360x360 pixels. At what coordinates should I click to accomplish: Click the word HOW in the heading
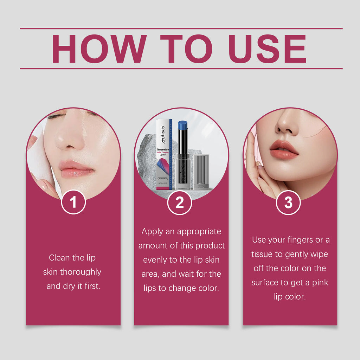point(99,49)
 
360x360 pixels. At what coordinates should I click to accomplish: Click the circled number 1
point(73,202)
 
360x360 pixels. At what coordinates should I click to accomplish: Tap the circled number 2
point(180,202)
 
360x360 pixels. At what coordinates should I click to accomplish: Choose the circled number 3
point(288,202)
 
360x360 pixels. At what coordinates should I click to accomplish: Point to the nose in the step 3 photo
point(287,123)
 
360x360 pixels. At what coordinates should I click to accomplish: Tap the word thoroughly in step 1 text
point(80,272)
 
